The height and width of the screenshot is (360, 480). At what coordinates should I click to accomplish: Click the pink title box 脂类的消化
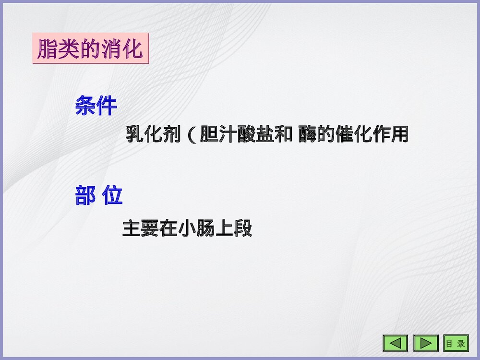click(91, 49)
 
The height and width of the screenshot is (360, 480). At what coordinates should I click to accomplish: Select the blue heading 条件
click(96, 106)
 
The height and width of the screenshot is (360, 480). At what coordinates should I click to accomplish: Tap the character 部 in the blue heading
click(85, 196)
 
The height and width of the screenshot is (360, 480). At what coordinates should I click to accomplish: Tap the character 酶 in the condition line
click(307, 134)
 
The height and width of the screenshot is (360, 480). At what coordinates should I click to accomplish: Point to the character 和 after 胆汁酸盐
click(283, 134)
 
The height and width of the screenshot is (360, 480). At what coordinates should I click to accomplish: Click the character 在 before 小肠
click(169, 228)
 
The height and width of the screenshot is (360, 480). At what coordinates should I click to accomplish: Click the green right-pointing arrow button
click(426, 343)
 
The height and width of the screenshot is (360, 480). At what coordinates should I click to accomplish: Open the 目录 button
click(455, 343)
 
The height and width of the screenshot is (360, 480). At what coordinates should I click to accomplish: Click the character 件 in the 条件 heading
click(107, 106)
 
